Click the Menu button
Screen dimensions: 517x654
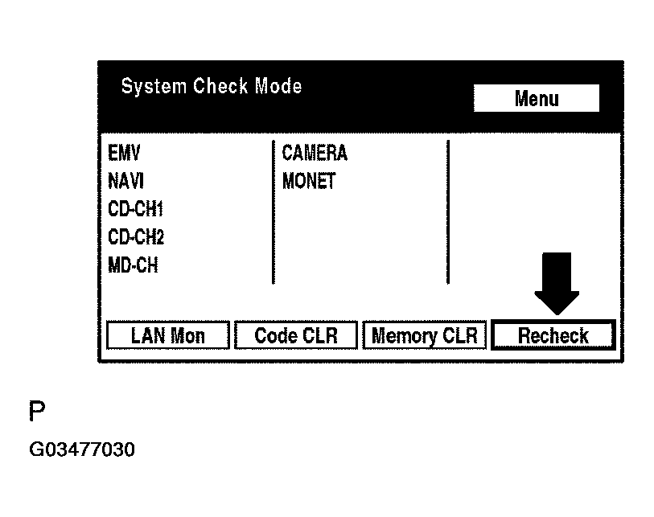pos(536,99)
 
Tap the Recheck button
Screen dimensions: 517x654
pos(553,335)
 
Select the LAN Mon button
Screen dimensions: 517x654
pos(167,335)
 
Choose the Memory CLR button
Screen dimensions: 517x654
pos(424,335)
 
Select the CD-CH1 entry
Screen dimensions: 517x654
pos(135,209)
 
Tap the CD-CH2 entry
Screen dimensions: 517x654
pos(135,237)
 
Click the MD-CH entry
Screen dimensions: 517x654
pos(133,265)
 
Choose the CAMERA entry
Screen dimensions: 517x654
pos(315,153)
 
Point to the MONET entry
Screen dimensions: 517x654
pos(309,181)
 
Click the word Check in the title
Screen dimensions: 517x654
pos(221,86)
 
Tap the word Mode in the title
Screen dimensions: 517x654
pos(278,86)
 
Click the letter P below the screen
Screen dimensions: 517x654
pos(37,412)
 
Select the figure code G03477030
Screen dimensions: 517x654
pos(82,449)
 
